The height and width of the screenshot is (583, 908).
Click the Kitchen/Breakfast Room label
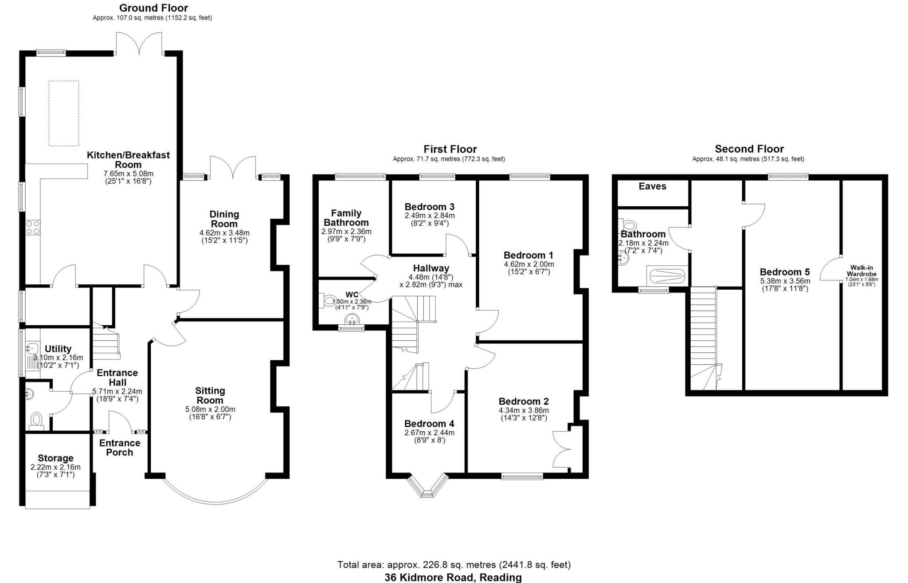[128, 159]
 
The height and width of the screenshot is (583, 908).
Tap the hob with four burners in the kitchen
[32, 228]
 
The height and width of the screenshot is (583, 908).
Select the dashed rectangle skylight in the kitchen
[64, 113]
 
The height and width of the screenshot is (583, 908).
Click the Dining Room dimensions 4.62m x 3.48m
[224, 232]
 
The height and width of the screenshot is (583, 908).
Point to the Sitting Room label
[210, 395]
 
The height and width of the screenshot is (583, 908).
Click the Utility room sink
[31, 347]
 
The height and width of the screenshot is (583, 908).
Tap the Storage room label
[55, 458]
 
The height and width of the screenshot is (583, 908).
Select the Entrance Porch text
[120, 447]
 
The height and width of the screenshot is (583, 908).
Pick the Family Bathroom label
[346, 217]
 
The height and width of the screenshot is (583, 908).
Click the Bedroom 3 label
[429, 207]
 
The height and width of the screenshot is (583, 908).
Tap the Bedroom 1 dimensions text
[529, 268]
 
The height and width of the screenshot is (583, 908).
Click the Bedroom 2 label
[524, 401]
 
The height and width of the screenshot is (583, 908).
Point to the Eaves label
[652, 186]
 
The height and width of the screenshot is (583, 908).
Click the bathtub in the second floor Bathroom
[667, 276]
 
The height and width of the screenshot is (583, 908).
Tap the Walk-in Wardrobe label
[861, 271]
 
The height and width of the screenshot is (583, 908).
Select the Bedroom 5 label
[785, 272]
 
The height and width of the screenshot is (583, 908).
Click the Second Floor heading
[749, 149]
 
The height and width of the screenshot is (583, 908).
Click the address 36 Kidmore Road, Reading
[453, 577]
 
